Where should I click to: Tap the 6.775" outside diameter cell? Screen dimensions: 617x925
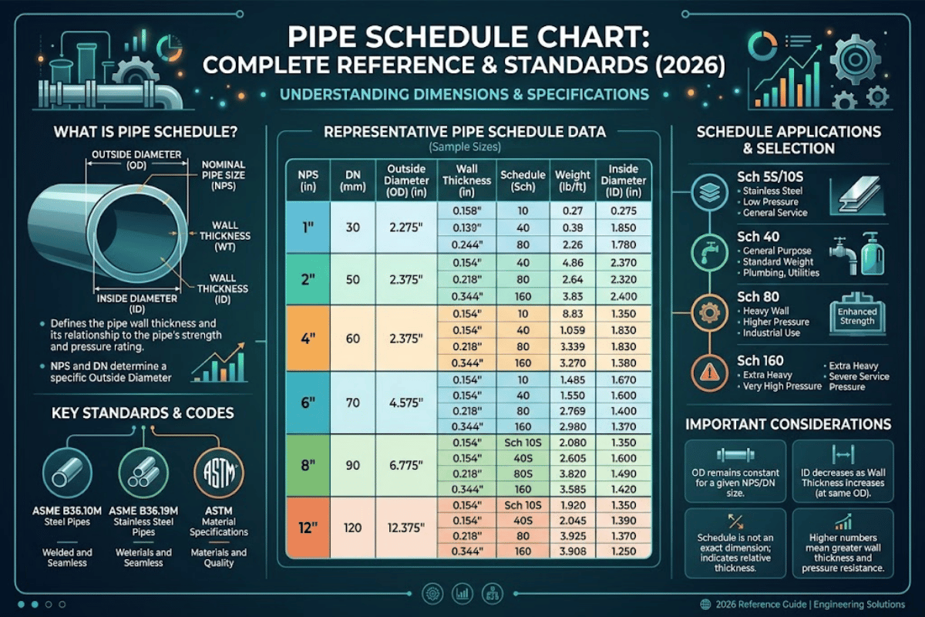click(x=406, y=467)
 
